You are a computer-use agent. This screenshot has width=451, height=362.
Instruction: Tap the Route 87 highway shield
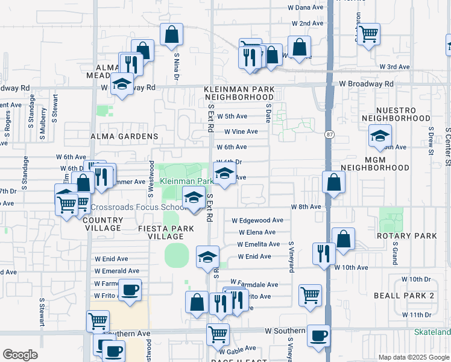[x=329, y=134]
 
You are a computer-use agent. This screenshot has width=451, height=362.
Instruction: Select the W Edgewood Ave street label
[x=257, y=221]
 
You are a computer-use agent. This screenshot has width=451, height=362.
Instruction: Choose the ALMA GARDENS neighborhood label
[x=124, y=137]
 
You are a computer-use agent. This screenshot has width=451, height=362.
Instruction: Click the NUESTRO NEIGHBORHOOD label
[x=396, y=115]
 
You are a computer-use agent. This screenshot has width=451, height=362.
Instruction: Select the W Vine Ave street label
[x=241, y=132]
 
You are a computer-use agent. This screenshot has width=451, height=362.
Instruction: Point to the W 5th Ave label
[x=232, y=116]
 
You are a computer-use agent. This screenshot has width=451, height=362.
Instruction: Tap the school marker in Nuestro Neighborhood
[x=380, y=136]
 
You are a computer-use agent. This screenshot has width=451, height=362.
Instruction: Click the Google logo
[x=20, y=355]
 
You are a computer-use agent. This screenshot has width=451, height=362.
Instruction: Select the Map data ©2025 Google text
[x=414, y=357]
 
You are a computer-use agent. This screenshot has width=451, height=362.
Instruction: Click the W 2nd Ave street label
[x=307, y=24]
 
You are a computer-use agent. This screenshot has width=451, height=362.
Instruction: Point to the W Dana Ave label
[x=308, y=7]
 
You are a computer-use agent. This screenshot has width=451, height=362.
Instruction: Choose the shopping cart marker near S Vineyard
[x=310, y=296]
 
